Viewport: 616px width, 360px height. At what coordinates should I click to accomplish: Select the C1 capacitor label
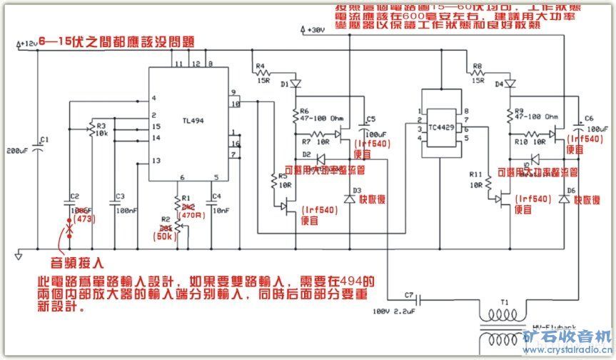(44, 139)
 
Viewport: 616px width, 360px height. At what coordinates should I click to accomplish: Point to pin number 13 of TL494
(153, 161)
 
